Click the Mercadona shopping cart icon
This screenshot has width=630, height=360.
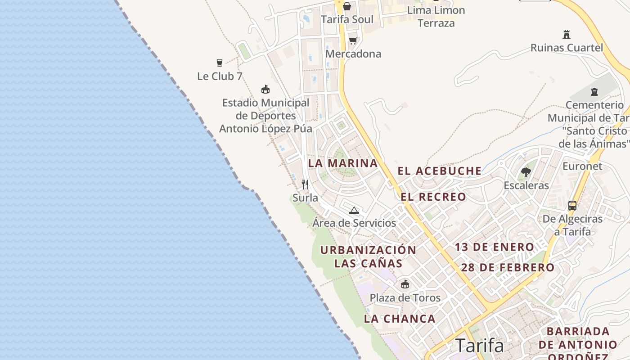coord(353,41)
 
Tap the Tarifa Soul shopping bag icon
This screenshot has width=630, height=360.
coord(347,6)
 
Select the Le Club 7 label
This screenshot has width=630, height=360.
coord(220,76)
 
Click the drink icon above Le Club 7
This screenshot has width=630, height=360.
coord(220,63)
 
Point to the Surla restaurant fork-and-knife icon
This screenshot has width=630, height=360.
coord(305,184)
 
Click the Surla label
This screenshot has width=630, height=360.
coord(305,198)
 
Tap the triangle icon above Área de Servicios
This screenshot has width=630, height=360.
coord(354,210)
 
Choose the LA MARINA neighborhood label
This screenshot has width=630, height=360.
coord(343,163)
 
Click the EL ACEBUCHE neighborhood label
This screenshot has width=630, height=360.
coord(440,171)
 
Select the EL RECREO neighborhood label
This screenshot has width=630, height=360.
coord(433,197)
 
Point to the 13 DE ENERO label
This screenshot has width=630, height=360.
coord(494,247)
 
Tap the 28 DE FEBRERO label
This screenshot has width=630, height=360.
coord(508,268)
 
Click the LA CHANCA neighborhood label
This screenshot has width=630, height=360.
coord(400,319)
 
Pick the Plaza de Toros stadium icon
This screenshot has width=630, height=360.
coord(405,284)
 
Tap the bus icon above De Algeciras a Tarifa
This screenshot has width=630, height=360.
coord(572,206)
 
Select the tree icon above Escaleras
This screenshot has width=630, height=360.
coord(526,172)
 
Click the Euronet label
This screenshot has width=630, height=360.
coord(582,166)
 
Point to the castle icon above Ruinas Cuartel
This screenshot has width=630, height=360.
coord(567,34)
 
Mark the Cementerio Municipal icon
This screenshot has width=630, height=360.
coord(594,92)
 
